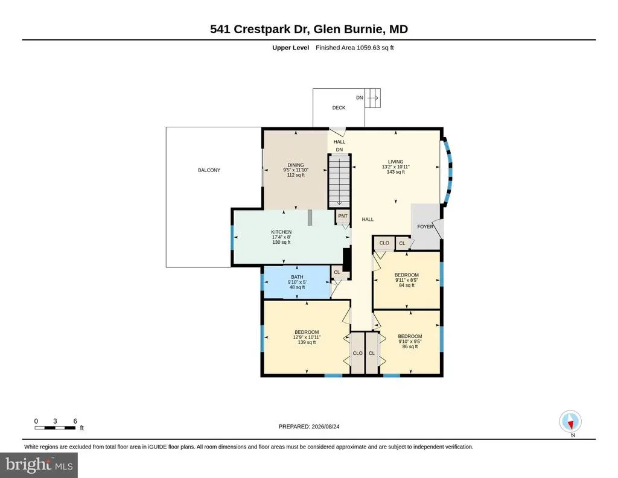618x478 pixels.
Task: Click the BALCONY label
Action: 209,170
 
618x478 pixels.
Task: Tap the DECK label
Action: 339,107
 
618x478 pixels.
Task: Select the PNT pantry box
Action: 343,216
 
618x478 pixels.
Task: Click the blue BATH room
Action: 297,282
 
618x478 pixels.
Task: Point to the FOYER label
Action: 425,226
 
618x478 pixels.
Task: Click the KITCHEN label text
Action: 281,232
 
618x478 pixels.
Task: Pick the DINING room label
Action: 296,165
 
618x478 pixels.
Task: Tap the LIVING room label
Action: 396,162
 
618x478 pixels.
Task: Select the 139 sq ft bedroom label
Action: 307,337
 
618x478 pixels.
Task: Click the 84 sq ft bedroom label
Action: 406,280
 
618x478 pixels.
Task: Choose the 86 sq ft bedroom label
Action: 410,341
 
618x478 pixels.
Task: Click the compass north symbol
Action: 570,422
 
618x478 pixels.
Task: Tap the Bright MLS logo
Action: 39,465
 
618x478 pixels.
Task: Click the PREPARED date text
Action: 309,426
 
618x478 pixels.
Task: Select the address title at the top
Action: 309,29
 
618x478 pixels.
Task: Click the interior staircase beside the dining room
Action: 339,180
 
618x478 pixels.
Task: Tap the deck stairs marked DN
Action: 372,98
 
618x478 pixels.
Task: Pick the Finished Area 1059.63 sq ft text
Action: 355,48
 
